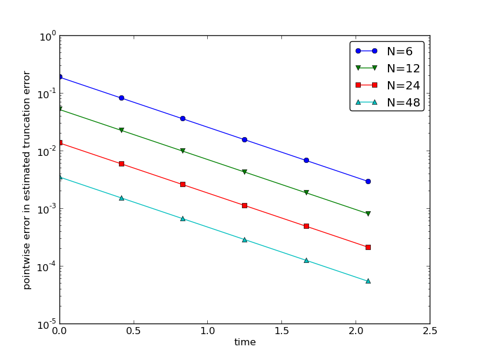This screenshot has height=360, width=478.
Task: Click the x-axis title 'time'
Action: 245,342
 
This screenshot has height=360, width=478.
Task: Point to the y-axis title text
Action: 26,180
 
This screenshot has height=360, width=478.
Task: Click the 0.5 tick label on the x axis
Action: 134,331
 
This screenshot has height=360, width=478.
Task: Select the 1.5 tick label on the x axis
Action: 282,331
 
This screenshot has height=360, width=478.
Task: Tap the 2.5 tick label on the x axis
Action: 430,331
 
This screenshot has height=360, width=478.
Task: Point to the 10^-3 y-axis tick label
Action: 47,209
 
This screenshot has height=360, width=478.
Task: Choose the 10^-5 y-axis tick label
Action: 47,324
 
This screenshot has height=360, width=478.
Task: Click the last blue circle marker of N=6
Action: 368,181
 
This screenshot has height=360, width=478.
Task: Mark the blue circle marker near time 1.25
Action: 244,139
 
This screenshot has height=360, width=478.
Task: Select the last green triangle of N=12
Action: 368,214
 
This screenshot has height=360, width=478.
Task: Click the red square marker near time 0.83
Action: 182,184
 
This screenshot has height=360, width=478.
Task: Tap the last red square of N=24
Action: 368,247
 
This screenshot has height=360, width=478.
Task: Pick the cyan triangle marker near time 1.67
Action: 306,260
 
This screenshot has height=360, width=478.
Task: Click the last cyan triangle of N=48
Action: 368,281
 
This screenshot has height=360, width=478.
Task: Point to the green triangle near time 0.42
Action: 121,130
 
